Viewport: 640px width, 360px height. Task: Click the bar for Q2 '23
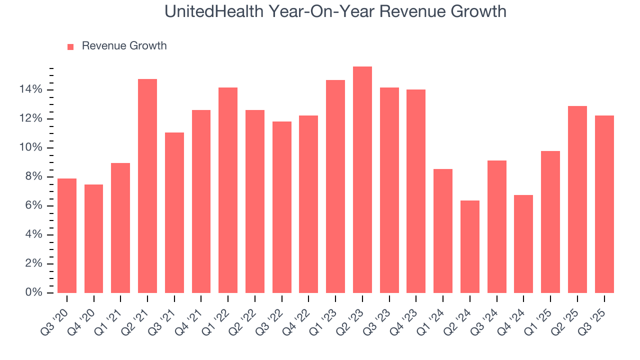click(x=362, y=180)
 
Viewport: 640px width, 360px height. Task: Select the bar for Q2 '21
click(x=147, y=186)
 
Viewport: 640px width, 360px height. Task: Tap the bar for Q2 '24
click(x=469, y=246)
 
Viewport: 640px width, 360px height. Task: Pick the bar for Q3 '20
click(x=67, y=235)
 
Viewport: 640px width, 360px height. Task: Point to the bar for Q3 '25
click(x=604, y=204)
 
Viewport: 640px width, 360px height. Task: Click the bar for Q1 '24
click(x=442, y=231)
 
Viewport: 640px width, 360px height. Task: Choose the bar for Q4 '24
click(x=523, y=244)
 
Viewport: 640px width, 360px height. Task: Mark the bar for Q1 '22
click(x=228, y=190)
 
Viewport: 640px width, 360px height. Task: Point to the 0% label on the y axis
click(x=33, y=292)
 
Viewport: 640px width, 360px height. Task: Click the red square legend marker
click(x=70, y=46)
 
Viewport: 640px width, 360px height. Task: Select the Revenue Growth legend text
click(x=124, y=46)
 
